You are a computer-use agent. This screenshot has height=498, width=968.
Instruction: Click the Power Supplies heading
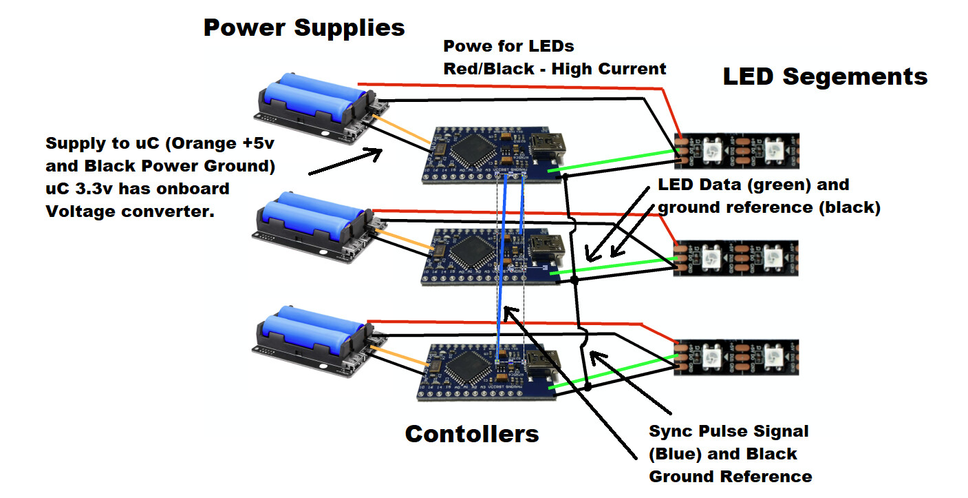[x=304, y=28]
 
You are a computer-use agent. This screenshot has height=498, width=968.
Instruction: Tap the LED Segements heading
[x=825, y=76]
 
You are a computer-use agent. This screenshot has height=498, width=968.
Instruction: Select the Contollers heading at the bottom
[x=471, y=434]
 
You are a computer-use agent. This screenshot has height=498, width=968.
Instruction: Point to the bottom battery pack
[x=314, y=338]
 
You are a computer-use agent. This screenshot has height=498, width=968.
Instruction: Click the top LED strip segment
[x=736, y=151]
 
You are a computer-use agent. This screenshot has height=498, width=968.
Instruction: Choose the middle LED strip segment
[x=735, y=258]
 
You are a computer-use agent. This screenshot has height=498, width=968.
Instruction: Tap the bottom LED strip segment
[x=736, y=357]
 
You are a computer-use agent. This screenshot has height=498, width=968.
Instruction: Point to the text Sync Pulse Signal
[x=729, y=431]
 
